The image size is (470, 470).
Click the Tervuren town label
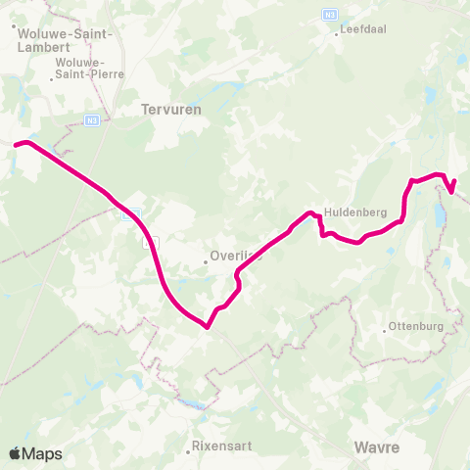[x=171, y=111]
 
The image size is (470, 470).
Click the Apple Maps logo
[x=35, y=453]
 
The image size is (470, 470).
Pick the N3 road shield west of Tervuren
[x=91, y=120]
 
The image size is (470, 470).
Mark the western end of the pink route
[x=16, y=146]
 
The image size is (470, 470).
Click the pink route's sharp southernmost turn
[x=208, y=327]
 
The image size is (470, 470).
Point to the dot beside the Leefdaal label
[x=334, y=30]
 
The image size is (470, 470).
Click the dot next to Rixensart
[x=188, y=452]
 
